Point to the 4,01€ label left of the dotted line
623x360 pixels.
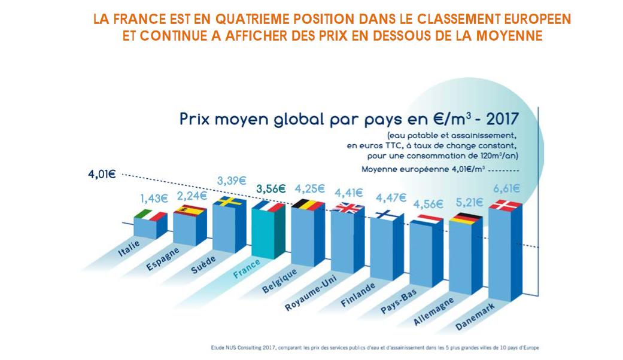click(x=102, y=175)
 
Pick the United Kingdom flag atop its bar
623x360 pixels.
click(x=348, y=208)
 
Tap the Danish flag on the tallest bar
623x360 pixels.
click(x=506, y=206)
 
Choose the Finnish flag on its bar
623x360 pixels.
click(x=387, y=215)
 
